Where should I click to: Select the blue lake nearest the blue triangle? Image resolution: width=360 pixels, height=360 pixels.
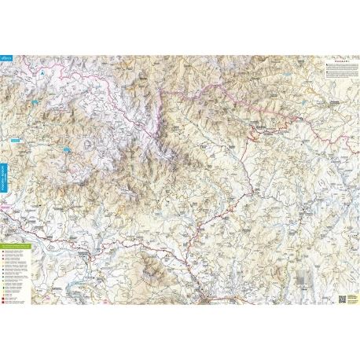coord(36,102)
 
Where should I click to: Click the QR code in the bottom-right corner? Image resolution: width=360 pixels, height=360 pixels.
coord(343,298)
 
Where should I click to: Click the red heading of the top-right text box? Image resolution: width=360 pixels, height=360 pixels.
coord(337,61)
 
